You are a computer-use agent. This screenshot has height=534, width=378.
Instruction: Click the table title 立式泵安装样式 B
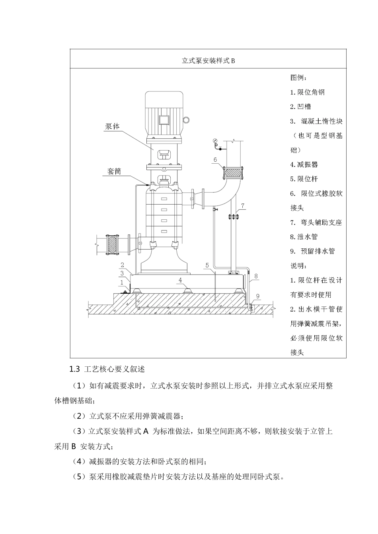pyautogui.click(x=208, y=61)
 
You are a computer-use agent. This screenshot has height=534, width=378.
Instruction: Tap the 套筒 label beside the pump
pyautogui.click(x=114, y=172)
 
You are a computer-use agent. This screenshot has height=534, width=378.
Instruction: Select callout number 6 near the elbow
pyautogui.click(x=215, y=160)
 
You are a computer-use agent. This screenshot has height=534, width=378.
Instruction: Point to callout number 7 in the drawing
pyautogui.click(x=244, y=205)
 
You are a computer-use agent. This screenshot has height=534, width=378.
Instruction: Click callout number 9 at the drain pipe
pyautogui.click(x=258, y=296)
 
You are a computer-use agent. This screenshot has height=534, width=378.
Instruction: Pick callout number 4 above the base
pyautogui.click(x=180, y=280)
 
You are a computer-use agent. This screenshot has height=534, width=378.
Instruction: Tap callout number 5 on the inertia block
pyautogui.click(x=207, y=265)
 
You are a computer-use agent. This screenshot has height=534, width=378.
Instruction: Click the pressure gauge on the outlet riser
pyautogui.click(x=215, y=141)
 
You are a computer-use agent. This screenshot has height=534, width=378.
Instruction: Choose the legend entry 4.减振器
pyautogui.click(x=304, y=164)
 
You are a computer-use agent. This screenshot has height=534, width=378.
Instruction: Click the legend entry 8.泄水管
pyautogui.click(x=304, y=237)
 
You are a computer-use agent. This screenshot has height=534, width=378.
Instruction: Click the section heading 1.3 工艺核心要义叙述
pyautogui.click(x=107, y=369)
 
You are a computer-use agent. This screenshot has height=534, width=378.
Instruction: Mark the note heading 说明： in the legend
pyautogui.click(x=298, y=265)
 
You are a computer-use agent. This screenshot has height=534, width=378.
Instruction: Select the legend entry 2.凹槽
pyautogui.click(x=300, y=106)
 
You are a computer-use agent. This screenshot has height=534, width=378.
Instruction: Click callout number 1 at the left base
pyautogui.click(x=122, y=282)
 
